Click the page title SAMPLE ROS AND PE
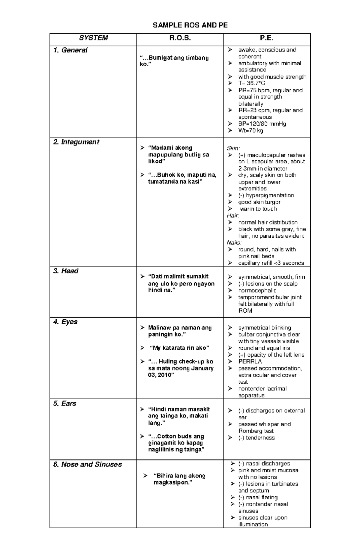click(190, 25)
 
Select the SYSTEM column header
click(93, 38)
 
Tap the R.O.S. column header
click(180, 38)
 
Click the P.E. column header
click(267, 38)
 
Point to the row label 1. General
click(70, 50)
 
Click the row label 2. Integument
click(76, 142)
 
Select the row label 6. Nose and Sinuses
click(88, 464)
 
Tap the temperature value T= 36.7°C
click(251, 83)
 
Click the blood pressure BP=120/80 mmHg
click(262, 123)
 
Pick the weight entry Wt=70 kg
click(250, 130)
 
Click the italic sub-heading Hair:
click(233, 216)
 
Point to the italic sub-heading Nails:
click(234, 242)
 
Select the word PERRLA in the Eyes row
click(250, 361)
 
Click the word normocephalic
click(257, 290)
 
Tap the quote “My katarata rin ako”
click(179, 348)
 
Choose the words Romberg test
click(256, 431)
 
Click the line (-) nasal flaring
click(258, 497)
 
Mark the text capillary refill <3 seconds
click(271, 263)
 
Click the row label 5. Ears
click(65, 403)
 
